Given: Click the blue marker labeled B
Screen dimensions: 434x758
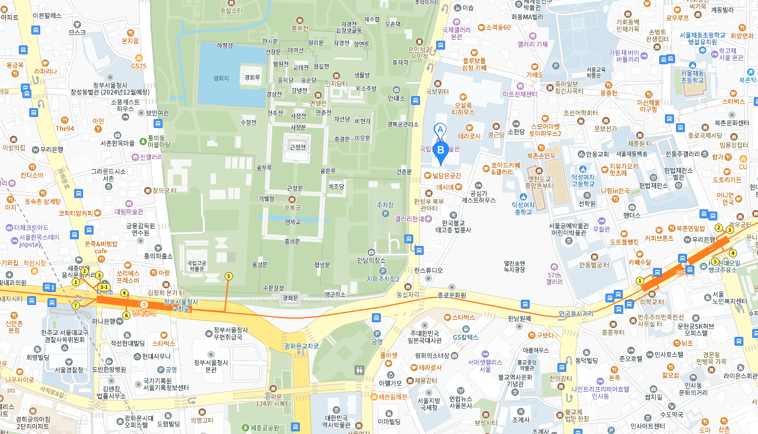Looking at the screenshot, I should [441, 150].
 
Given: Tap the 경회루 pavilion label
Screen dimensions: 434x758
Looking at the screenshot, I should [252, 77].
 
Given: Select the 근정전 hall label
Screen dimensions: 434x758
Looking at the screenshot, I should [297, 148].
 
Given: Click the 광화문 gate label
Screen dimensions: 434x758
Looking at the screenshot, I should [289, 298].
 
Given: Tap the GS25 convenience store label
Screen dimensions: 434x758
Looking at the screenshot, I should [139, 66].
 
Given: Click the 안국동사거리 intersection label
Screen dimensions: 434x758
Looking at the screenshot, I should [576, 313].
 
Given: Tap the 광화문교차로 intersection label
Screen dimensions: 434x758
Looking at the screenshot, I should [301, 346].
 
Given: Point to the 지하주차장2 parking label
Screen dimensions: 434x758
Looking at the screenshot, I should [383, 279].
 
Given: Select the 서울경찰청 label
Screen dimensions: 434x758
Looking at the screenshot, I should [69, 369].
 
